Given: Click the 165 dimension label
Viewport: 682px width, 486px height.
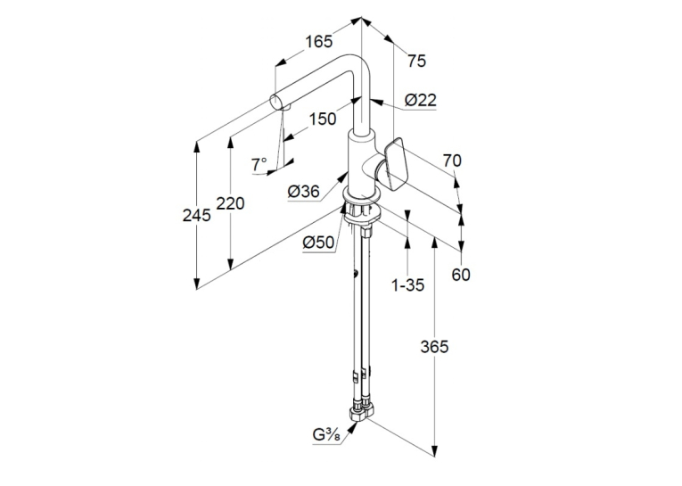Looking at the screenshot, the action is pyautogui.click(x=318, y=42).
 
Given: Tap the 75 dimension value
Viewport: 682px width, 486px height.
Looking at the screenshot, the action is pyautogui.click(x=416, y=61).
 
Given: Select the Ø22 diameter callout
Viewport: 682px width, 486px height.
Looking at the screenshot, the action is pyautogui.click(x=420, y=100).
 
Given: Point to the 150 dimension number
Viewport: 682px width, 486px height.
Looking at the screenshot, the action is pyautogui.click(x=323, y=119).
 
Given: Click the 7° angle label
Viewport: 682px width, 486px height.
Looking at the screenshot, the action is pyautogui.click(x=259, y=165).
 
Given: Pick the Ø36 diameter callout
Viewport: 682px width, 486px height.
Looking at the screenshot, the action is pyautogui.click(x=304, y=191).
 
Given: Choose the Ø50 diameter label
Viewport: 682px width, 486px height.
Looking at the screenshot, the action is pyautogui.click(x=318, y=243).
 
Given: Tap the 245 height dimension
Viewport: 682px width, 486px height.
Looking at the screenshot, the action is pyautogui.click(x=197, y=215).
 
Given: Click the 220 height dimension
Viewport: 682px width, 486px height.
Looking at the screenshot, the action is pyautogui.click(x=231, y=203).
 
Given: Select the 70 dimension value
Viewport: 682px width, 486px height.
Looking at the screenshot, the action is pyautogui.click(x=452, y=161).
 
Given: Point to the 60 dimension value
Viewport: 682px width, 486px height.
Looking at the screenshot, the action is pyautogui.click(x=461, y=275).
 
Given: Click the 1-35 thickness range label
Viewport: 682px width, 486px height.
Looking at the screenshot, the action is pyautogui.click(x=407, y=285).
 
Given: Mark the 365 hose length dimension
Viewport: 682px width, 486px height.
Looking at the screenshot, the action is pyautogui.click(x=434, y=347).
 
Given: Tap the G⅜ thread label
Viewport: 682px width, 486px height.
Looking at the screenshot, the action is pyautogui.click(x=326, y=434).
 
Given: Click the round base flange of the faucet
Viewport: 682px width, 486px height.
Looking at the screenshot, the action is pyautogui.click(x=362, y=194).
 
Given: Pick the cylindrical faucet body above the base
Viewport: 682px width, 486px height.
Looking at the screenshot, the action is pyautogui.click(x=360, y=163).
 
